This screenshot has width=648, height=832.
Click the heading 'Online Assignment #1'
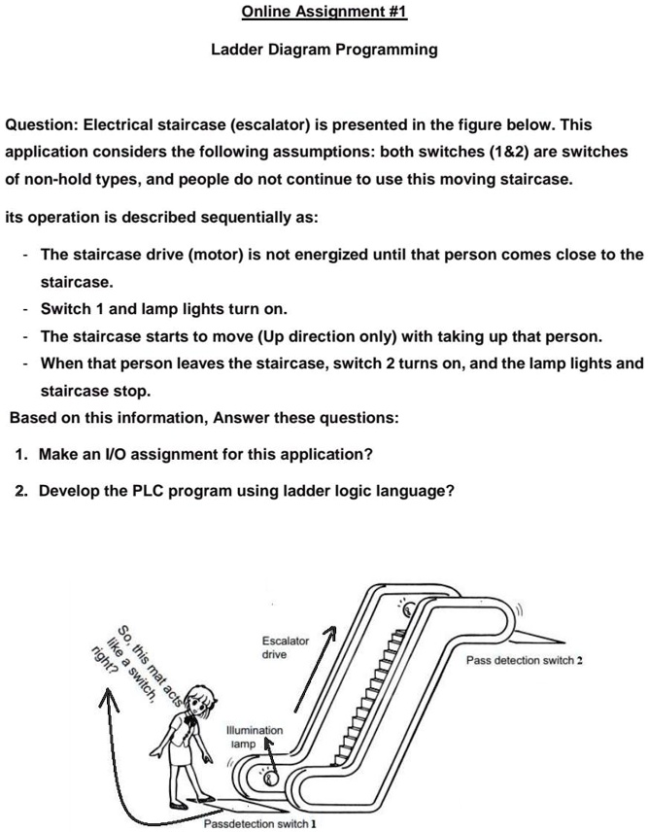324,12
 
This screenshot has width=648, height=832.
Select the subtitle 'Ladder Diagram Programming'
324,49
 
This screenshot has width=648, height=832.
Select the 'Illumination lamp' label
254,736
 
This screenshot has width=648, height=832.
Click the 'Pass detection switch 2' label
524,661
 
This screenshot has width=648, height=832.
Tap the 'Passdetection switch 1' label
259,824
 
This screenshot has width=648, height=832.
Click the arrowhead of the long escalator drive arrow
332,633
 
